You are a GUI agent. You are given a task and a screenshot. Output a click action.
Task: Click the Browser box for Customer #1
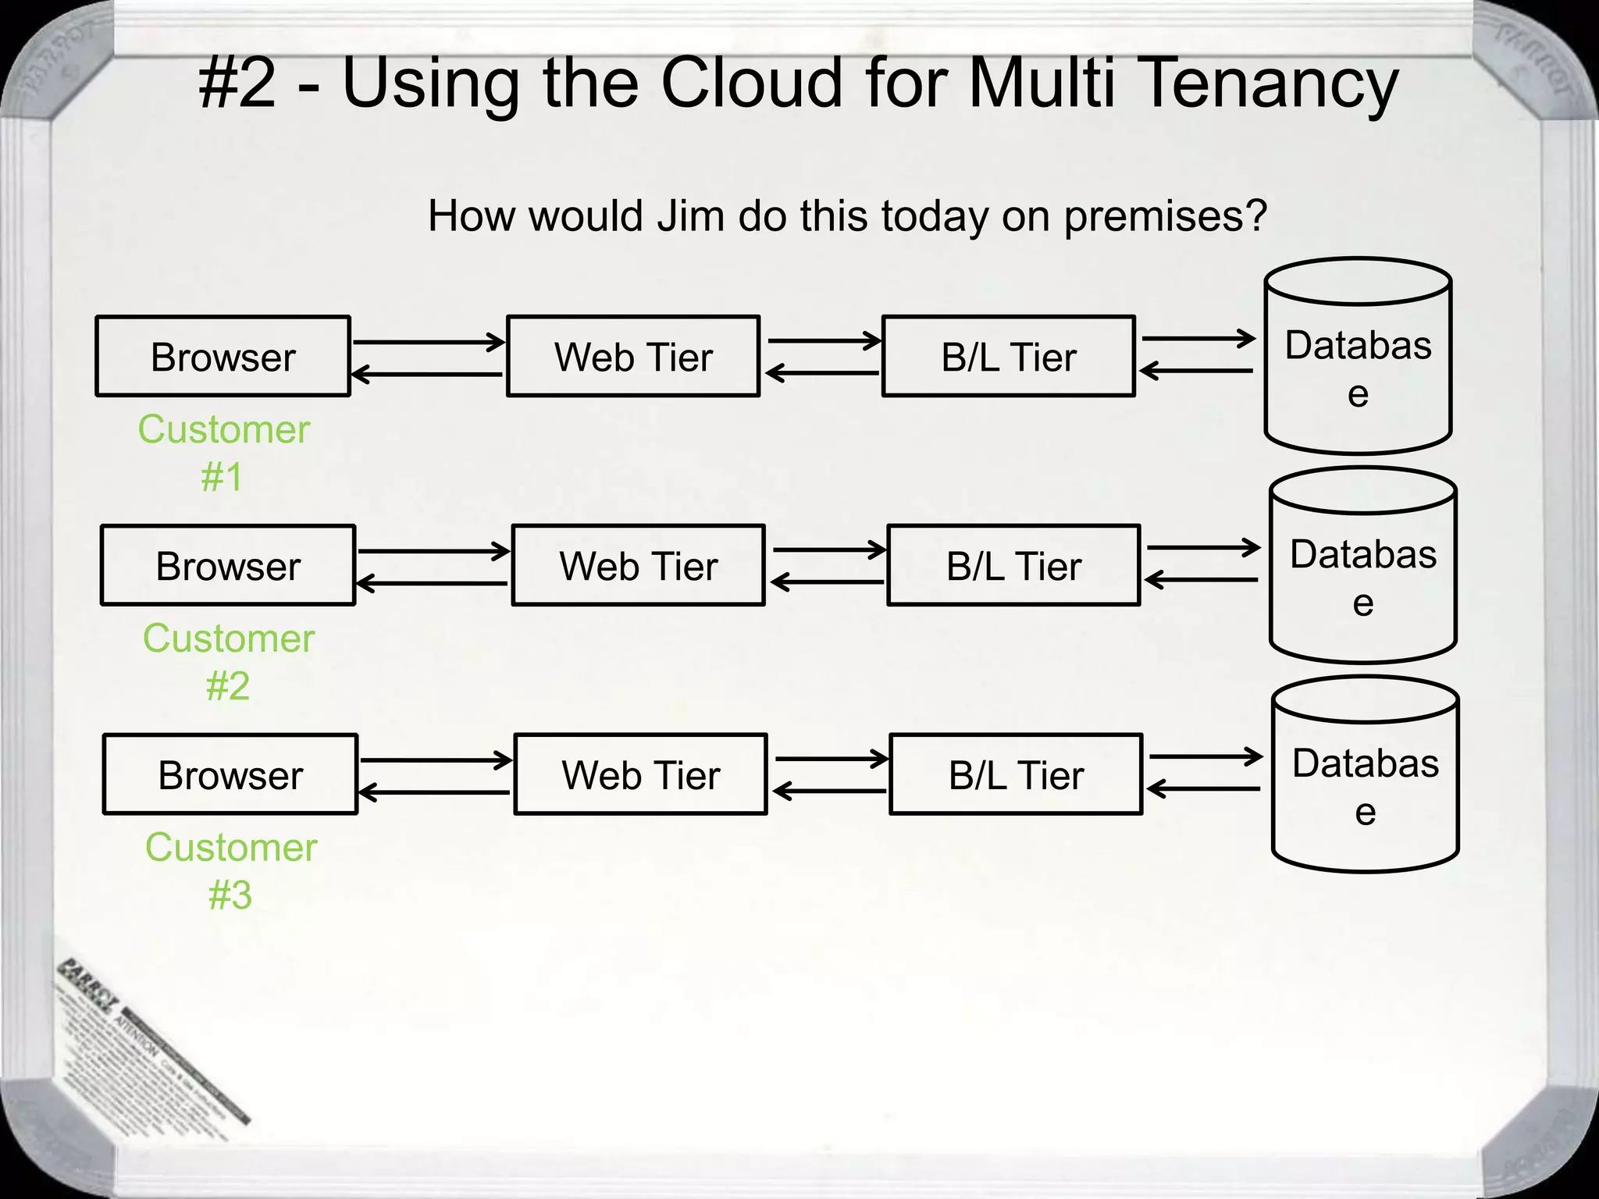coord(223,357)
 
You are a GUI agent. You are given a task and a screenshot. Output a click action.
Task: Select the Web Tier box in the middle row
coord(638,565)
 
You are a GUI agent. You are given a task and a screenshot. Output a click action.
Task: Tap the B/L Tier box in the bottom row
coord(1016,774)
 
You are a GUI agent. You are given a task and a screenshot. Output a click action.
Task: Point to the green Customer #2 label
coord(228,661)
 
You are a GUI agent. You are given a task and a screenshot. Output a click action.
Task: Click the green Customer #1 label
coord(223,452)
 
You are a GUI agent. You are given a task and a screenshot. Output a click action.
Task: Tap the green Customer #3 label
coord(230,870)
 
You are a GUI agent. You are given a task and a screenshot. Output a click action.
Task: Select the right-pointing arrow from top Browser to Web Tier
coord(428,342)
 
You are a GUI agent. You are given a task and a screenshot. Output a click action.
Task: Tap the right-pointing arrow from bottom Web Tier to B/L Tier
coord(832,759)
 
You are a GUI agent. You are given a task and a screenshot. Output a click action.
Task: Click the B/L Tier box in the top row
coord(1008,357)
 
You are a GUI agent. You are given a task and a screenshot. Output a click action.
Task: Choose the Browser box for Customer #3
coord(230,774)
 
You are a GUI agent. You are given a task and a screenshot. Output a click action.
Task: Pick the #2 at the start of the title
coord(237,84)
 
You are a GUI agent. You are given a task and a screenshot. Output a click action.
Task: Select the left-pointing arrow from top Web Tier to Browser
coord(428,375)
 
